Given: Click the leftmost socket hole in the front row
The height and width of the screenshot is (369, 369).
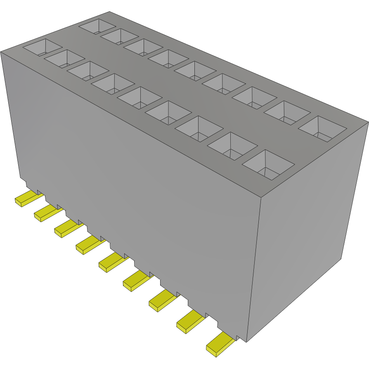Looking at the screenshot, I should (42, 47).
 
